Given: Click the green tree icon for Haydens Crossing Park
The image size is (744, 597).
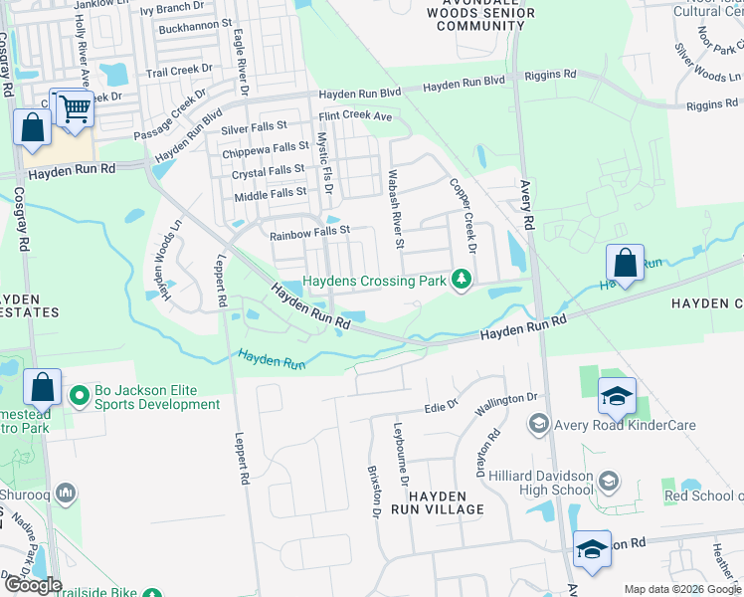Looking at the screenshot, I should (x=461, y=282).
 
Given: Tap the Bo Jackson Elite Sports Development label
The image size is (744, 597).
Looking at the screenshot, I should (x=157, y=398).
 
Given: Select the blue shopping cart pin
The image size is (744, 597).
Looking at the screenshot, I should (x=75, y=108).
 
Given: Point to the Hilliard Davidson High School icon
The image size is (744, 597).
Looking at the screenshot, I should (x=609, y=483).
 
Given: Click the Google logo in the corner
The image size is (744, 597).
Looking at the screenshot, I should (x=33, y=586).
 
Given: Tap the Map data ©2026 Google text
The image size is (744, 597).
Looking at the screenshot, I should (x=681, y=589).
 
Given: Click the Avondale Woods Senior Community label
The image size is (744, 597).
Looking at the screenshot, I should (x=480, y=13).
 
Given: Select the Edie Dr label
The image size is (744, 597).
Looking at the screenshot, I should (x=440, y=406).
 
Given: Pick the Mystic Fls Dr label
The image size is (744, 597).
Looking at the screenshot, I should (x=323, y=163).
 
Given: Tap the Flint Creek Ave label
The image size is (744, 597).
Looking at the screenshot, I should (x=355, y=116).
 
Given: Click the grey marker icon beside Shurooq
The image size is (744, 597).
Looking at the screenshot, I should (x=67, y=493).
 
